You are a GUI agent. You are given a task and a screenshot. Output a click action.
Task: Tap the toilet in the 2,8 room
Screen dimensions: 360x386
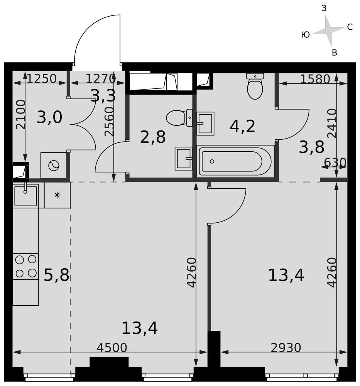[x=179, y=118]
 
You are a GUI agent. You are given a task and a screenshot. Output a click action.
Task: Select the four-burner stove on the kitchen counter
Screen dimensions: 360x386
[x=25, y=266]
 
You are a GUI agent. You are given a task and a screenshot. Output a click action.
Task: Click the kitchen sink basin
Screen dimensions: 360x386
[x=25, y=196]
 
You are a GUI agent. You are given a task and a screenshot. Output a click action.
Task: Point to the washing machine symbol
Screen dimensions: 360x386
[x=54, y=166]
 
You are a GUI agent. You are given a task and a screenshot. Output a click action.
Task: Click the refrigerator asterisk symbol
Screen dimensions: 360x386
[x=57, y=195]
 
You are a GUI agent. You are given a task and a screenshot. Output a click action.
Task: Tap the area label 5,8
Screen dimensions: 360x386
[x=56, y=275]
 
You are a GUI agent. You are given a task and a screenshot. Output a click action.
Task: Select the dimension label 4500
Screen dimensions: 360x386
[x=112, y=348]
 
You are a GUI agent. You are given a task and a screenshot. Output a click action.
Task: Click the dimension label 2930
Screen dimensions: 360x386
[x=286, y=348]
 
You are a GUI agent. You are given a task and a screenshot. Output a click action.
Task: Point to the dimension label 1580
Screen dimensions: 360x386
[x=315, y=79]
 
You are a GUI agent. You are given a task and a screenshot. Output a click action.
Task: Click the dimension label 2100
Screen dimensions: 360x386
[x=21, y=115]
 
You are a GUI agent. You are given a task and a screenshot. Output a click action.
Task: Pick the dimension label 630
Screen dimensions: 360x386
[x=335, y=163]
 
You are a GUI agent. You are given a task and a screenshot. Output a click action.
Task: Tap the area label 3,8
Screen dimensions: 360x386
[x=311, y=147]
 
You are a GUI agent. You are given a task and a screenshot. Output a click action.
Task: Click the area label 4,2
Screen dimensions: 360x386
[x=242, y=127]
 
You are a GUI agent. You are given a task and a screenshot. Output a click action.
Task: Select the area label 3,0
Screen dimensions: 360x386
[x=49, y=117]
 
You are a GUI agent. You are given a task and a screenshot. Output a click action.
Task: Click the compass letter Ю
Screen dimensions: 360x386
[x=305, y=35]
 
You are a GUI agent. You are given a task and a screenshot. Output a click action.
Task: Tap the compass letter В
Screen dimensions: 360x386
[x=335, y=52]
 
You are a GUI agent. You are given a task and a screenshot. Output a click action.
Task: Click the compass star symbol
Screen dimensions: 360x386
[x=328, y=30]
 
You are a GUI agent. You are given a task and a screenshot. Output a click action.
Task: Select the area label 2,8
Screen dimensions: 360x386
[x=152, y=137]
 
